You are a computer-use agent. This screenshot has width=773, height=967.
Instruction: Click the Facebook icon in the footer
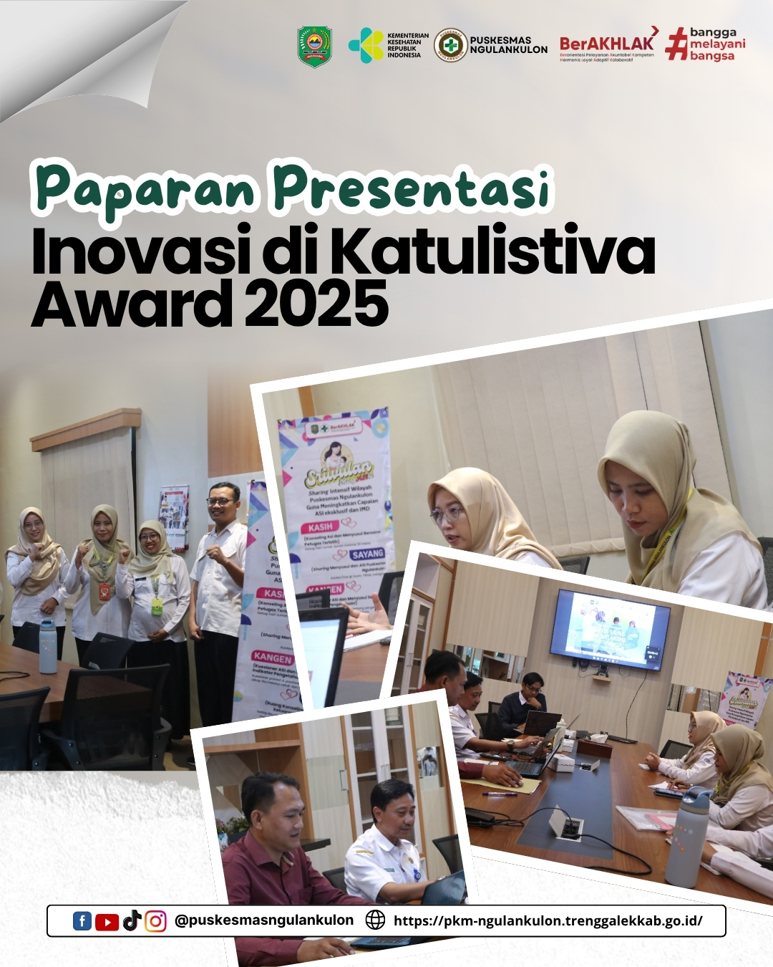tap(82, 921)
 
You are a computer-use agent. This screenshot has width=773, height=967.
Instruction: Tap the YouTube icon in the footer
tap(107, 921)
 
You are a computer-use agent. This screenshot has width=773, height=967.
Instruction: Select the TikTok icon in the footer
tap(132, 920)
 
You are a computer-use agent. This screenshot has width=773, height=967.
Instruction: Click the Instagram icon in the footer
tap(155, 921)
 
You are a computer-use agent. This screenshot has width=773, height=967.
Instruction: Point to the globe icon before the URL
tap(375, 920)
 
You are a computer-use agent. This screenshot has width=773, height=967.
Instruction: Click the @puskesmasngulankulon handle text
tap(264, 920)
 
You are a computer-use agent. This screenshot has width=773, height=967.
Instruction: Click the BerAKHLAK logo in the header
tap(606, 44)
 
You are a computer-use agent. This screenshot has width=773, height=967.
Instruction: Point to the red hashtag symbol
tap(676, 44)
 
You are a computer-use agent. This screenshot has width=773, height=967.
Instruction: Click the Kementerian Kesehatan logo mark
tap(366, 44)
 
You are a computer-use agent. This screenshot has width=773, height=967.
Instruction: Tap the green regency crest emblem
tap(314, 46)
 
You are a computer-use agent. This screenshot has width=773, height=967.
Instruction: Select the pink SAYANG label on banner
tap(367, 554)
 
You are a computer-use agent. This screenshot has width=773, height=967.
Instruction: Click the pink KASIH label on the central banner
tap(321, 526)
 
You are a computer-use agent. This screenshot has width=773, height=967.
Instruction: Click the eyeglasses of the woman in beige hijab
tap(446, 514)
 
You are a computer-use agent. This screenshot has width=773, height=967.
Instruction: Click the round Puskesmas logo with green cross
tap(450, 44)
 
